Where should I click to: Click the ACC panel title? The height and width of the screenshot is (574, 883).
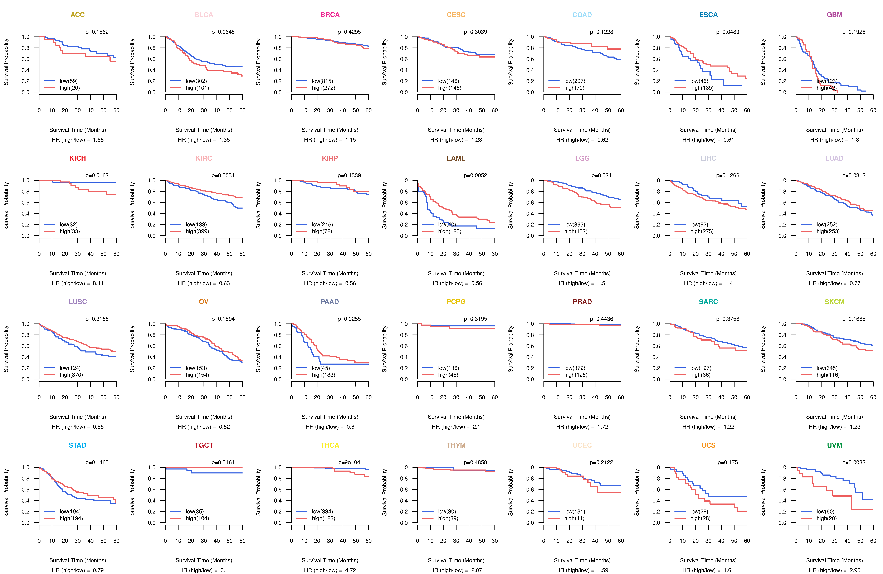click(78, 15)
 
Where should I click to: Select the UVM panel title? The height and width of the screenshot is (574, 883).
click(834, 445)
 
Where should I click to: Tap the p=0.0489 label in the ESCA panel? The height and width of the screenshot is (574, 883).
click(728, 32)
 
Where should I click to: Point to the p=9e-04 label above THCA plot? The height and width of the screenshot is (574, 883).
click(349, 462)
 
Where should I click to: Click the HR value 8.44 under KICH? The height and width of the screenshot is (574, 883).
click(98, 283)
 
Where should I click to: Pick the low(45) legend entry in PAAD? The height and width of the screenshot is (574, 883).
click(321, 368)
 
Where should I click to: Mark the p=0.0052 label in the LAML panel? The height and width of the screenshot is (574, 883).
click(475, 175)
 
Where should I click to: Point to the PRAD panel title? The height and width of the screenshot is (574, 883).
click(582, 302)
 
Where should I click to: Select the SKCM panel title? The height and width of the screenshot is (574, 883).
click(834, 302)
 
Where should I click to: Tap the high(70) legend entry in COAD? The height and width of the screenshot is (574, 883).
click(574, 88)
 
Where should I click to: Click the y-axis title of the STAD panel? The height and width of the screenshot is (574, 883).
click(6, 492)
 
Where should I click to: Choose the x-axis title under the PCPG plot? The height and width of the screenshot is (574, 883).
click(456, 417)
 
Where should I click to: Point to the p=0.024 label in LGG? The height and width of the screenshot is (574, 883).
click(601, 175)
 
